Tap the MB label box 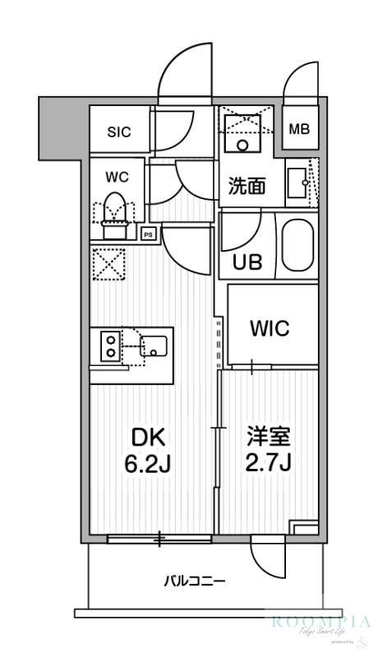pos(300,129)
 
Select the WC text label pos(114,176)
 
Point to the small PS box pos(148,233)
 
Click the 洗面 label pos(246,186)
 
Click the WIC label pos(269,329)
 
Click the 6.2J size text pos(147,465)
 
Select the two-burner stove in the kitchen pos(109,345)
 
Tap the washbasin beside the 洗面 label pos(297,183)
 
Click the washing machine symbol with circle pos(242,132)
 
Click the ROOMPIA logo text pos(320,622)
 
